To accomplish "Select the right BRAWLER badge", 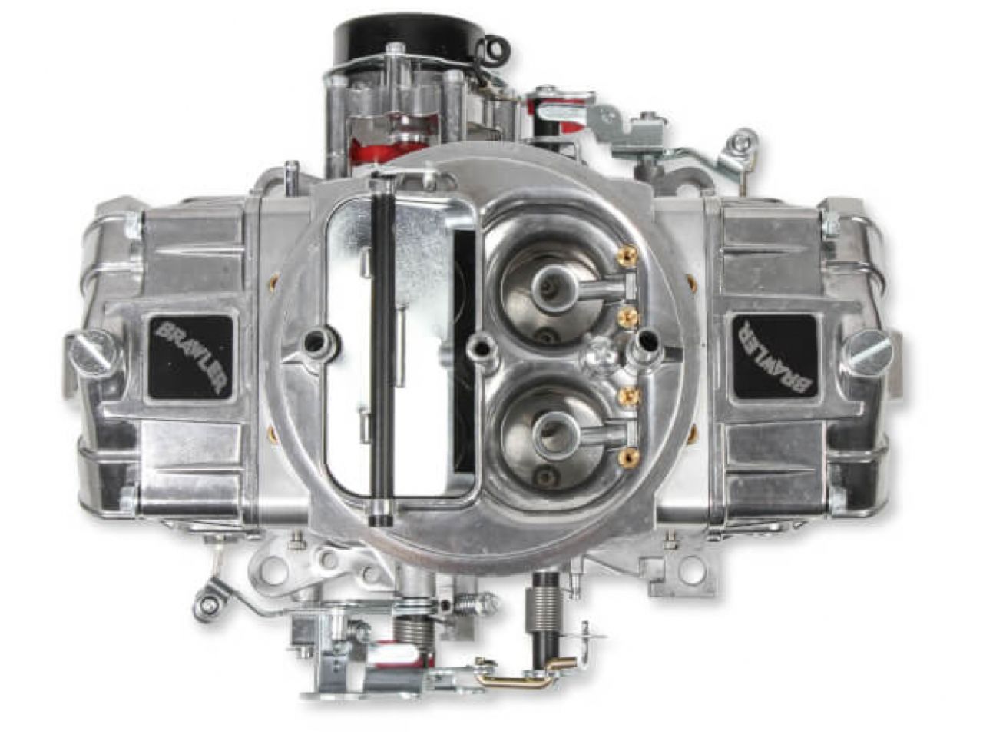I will coord(774,357).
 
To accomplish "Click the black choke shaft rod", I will coord(382,350).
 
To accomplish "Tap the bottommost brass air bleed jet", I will coord(625,458).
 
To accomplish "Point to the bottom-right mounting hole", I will coord(691,572).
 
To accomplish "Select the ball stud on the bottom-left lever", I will coord(205,607).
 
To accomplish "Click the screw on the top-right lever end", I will coord(740,141).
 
